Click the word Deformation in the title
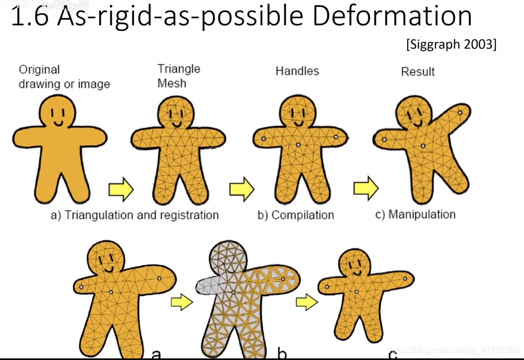click(x=392, y=16)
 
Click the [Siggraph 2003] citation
click(x=451, y=44)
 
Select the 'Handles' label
click(x=297, y=71)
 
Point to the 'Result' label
click(x=417, y=71)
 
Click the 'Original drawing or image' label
click(x=64, y=76)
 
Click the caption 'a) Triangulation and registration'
click(x=134, y=215)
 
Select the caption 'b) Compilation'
click(x=296, y=215)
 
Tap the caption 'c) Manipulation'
click(x=415, y=215)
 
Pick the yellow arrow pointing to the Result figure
click(x=366, y=187)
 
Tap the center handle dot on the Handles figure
click(x=298, y=144)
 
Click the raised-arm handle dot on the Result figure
click(x=460, y=112)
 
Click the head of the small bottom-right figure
click(x=355, y=264)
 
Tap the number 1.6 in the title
click(x=31, y=18)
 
